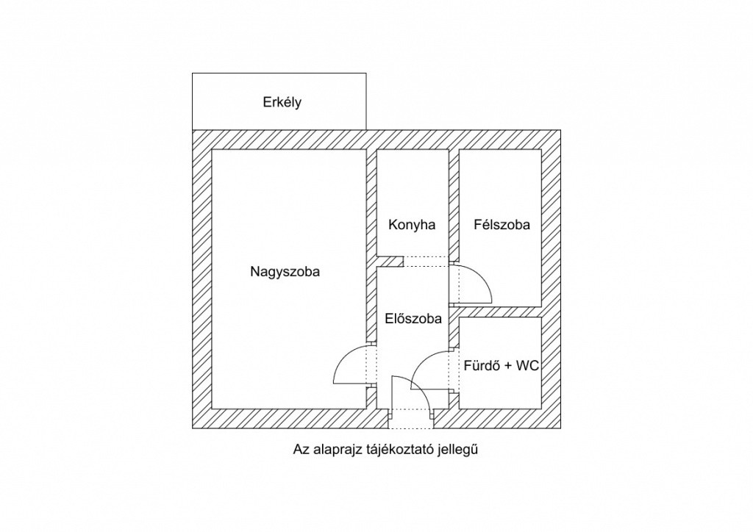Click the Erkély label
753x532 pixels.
282,103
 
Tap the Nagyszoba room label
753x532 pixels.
285,271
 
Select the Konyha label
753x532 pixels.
412,225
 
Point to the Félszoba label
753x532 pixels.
502,225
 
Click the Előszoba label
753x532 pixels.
413,319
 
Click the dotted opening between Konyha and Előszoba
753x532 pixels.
426,262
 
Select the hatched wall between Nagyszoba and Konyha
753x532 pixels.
372,206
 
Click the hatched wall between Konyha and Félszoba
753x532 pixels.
454,206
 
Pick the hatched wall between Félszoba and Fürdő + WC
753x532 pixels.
500,312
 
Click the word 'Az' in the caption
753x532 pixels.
300,449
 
